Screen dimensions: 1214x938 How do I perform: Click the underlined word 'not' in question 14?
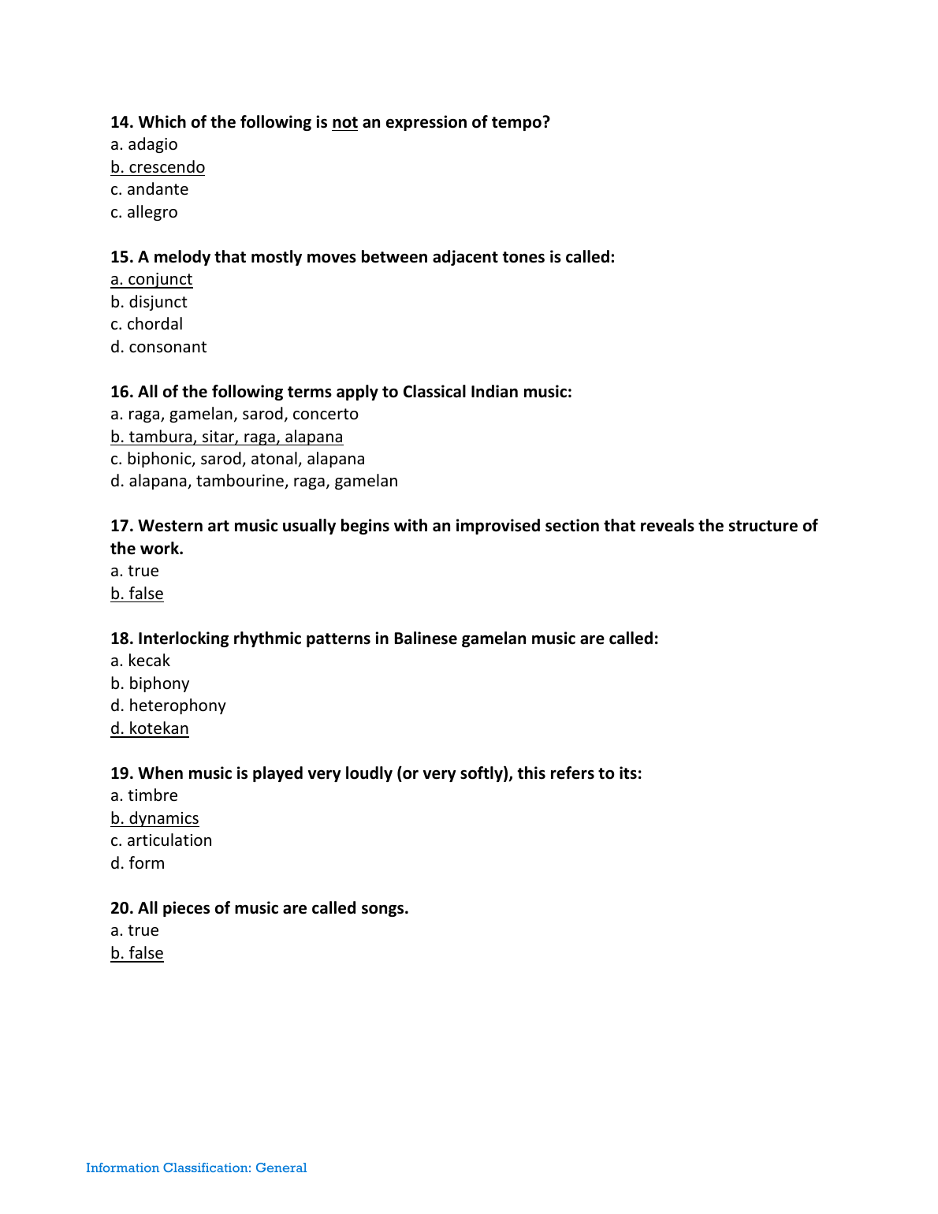tap(344, 122)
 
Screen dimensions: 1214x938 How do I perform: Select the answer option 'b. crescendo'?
tap(158, 167)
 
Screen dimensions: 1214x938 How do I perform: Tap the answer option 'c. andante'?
tap(150, 189)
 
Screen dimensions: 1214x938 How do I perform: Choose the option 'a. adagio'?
tap(144, 144)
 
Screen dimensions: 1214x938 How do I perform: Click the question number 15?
tap(121, 257)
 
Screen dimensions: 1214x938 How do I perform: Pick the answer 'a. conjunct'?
tap(151, 279)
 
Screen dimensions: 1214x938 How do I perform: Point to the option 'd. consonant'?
tap(158, 347)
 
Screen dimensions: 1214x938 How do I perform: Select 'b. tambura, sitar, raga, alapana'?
tap(227, 437)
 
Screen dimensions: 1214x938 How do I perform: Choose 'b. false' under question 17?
tap(137, 594)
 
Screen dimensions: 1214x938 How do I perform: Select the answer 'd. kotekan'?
tap(150, 728)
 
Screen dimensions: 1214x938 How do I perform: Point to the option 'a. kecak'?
tap(140, 661)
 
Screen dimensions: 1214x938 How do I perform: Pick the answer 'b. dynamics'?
tap(154, 818)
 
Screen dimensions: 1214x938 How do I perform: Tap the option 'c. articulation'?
tap(162, 840)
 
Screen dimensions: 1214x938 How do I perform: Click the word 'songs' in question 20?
tap(383, 908)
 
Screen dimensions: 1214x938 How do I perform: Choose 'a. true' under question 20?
tap(135, 930)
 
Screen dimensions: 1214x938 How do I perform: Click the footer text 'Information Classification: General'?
tap(196, 1167)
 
